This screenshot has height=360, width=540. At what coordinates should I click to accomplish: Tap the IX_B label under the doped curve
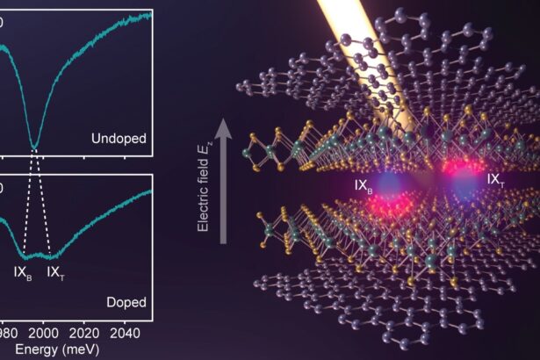23,272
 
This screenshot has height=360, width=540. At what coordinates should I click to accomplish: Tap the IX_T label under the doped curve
57,272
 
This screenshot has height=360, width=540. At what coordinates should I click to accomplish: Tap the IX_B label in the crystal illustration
365,185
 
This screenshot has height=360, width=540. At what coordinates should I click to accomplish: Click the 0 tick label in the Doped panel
2,187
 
